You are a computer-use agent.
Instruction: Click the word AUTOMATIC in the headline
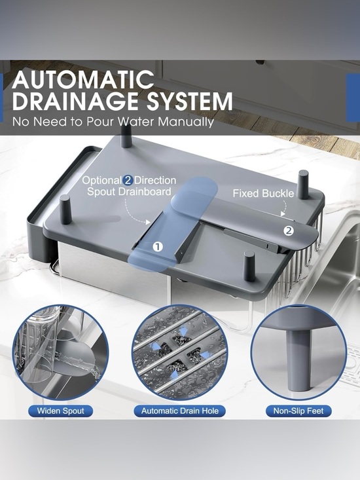[83, 80]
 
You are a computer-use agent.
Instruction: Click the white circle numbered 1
[158, 246]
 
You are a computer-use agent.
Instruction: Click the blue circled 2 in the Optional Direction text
[128, 181]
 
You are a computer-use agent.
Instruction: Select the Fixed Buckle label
[263, 193]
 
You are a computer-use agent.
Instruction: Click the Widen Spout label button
[61, 411]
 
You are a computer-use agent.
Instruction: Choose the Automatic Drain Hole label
[180, 411]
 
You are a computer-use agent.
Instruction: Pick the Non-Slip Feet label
[298, 411]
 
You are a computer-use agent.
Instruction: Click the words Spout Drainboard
[129, 192]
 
